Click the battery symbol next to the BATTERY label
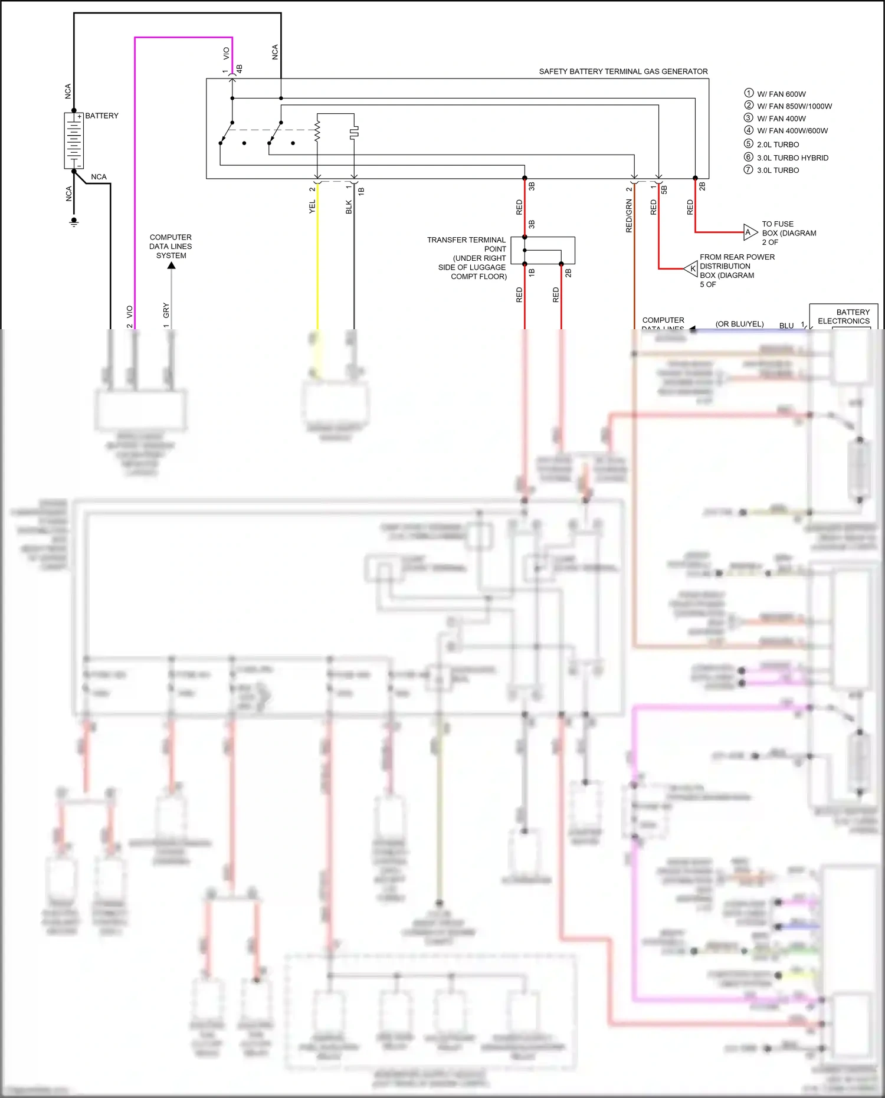74,140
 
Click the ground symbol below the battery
74,222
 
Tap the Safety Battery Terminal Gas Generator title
623,71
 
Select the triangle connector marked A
749,232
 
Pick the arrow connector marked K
691,269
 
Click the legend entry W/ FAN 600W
781,94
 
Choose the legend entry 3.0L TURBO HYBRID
792,158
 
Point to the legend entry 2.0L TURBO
777,145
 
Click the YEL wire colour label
312,207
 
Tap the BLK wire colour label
349,207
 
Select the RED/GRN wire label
629,216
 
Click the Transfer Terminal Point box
542,250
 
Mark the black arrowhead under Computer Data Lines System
171,266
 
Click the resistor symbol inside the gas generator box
317,131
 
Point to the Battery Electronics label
844,317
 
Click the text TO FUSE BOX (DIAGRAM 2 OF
788,233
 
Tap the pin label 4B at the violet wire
240,69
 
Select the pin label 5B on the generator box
664,189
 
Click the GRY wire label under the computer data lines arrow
166,310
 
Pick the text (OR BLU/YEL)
739,324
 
